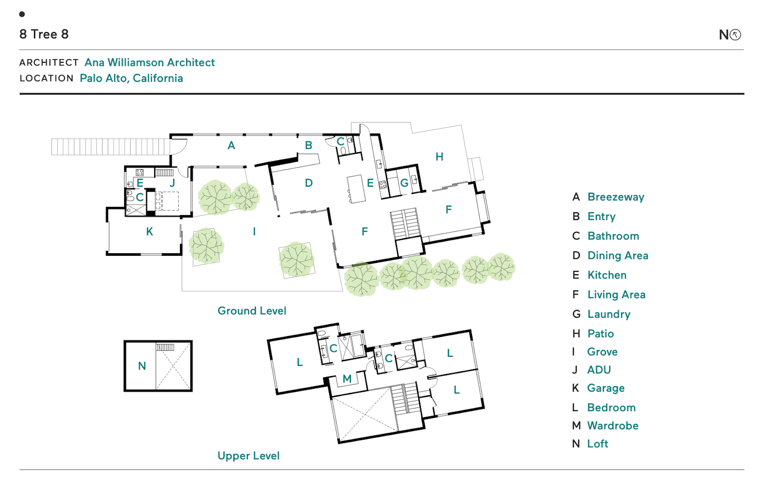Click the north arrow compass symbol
735,35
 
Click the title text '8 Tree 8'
44,34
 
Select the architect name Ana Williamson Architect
149,62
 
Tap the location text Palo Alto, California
131,78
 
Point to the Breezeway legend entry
616,197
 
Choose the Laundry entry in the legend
609,314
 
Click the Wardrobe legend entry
613,426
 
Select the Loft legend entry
598,444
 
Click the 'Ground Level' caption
252,311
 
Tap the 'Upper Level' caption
248,456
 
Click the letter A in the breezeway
231,146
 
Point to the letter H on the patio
439,157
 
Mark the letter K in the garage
149,232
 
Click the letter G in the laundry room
404,183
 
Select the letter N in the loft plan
142,366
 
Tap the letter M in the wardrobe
347,379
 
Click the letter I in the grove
254,232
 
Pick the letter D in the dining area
309,183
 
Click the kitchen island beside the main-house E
356,189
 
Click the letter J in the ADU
172,183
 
